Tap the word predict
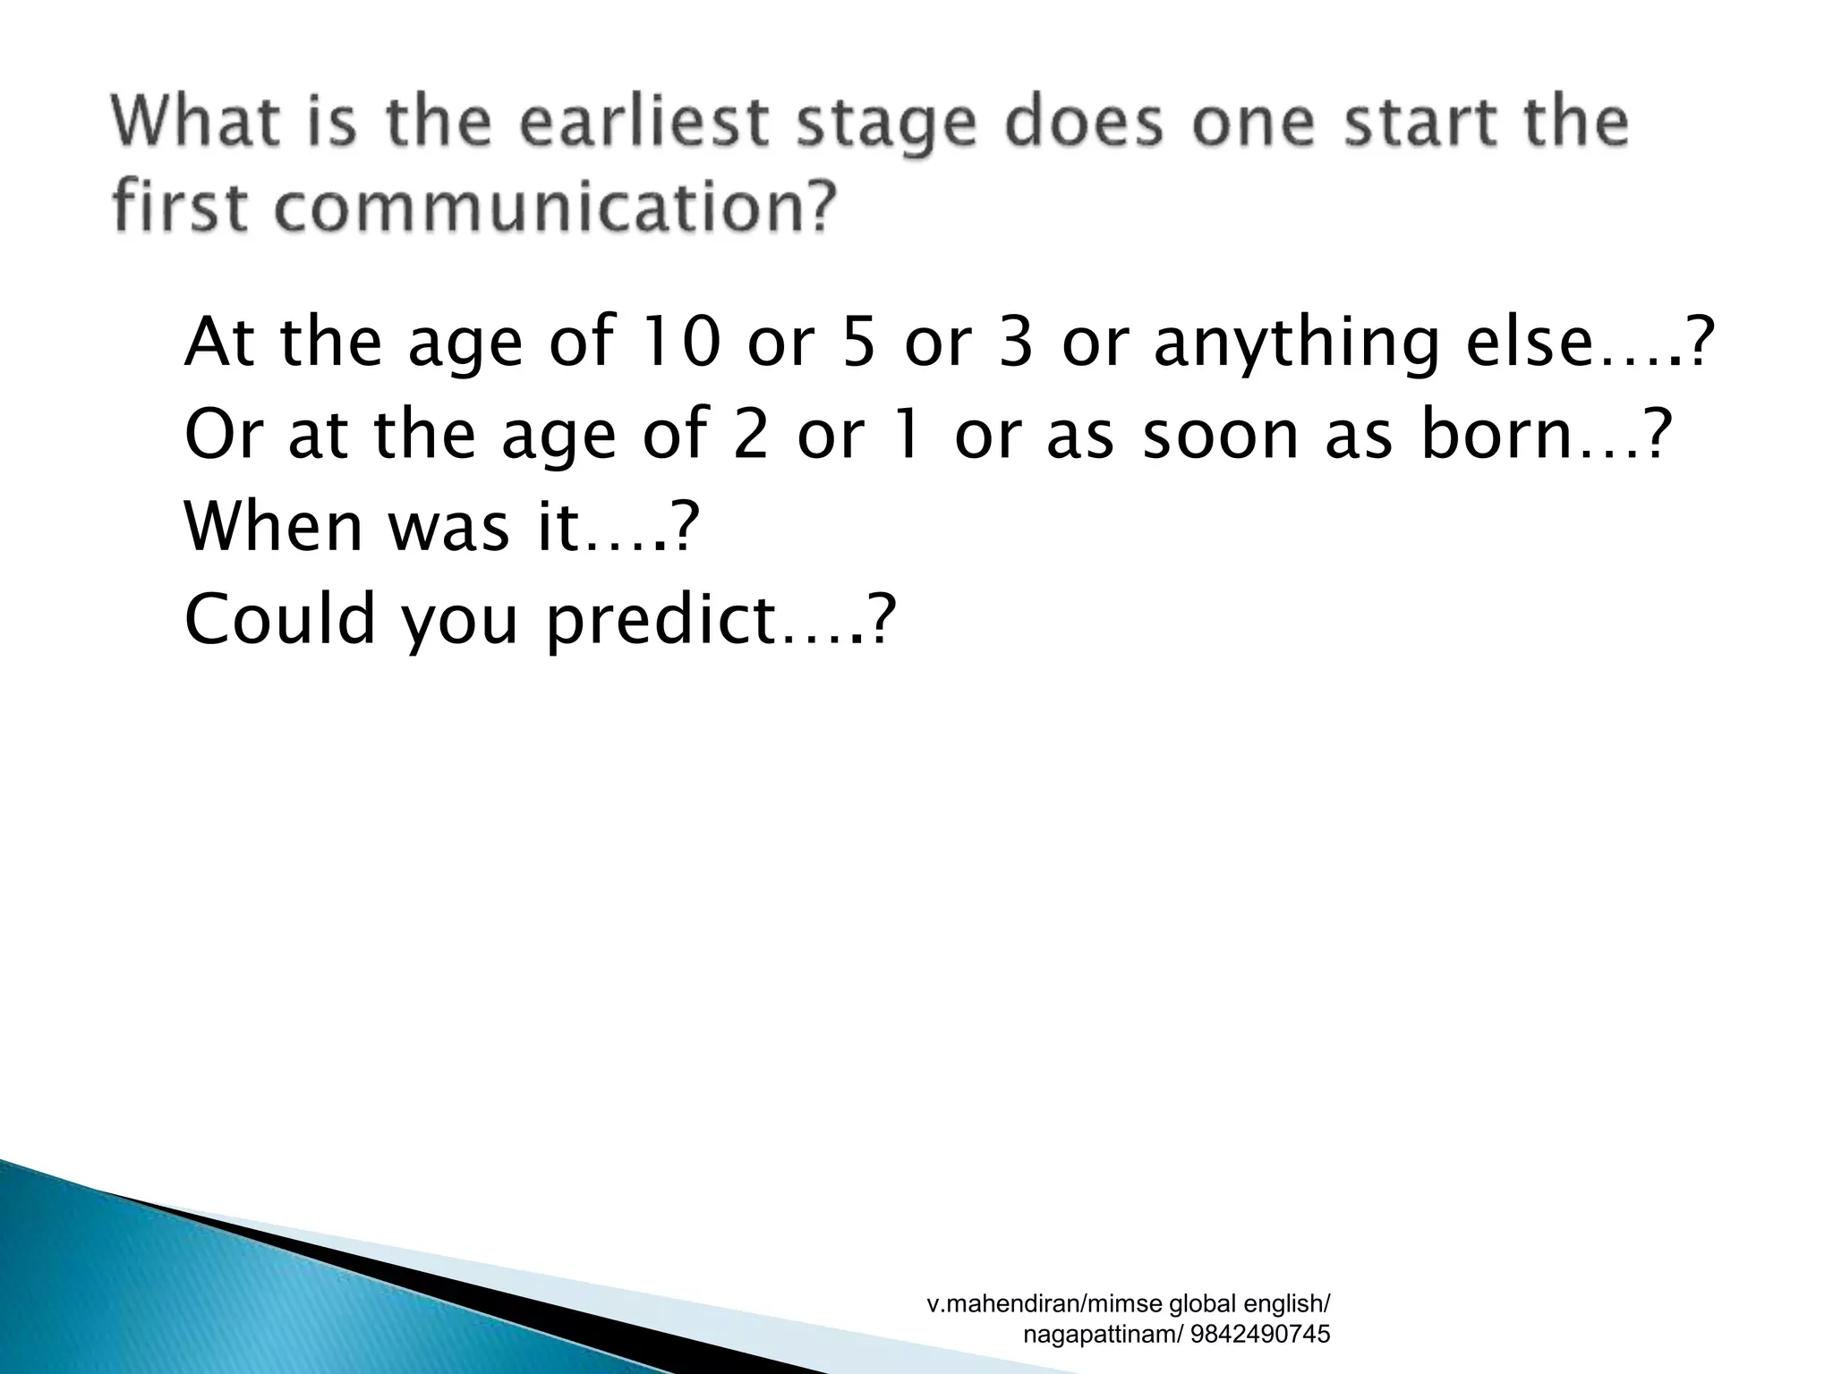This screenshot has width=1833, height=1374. pos(661,622)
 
